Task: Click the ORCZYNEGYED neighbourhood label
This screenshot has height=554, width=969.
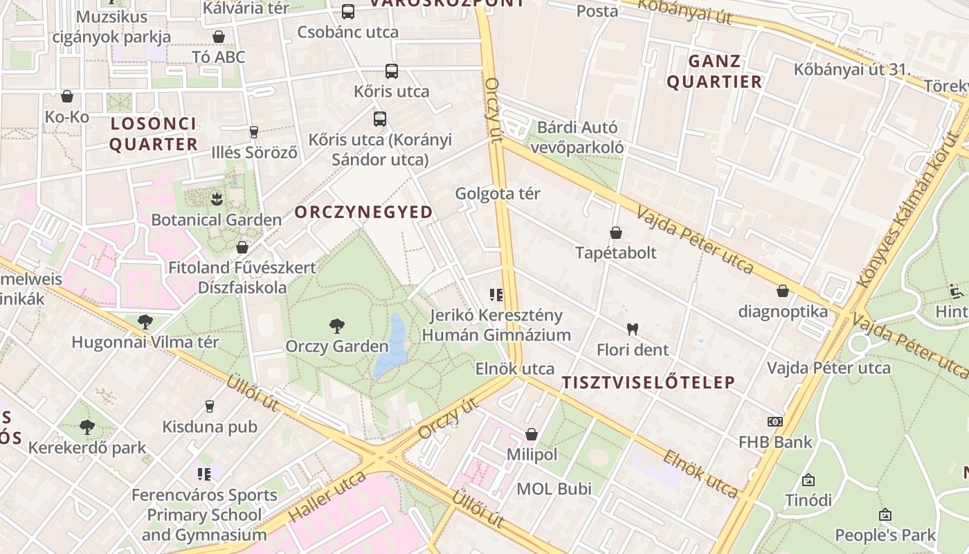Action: [364, 212]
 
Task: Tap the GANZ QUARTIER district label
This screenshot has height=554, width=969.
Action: [714, 71]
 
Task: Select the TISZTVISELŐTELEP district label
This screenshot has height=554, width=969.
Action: [648, 382]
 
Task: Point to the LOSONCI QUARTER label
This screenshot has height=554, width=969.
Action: [154, 134]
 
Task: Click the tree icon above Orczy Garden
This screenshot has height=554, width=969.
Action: [337, 325]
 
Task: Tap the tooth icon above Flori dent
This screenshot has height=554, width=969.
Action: [632, 328]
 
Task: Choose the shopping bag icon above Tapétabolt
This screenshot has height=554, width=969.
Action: [615, 233]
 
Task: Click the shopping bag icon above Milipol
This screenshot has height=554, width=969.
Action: [532, 434]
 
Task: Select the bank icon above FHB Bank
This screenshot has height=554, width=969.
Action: [775, 421]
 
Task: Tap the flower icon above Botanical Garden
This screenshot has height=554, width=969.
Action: [217, 199]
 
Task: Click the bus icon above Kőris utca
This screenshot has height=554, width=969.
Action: [392, 71]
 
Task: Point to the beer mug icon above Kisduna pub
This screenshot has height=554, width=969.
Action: [210, 406]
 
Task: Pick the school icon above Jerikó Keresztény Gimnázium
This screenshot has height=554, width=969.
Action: [496, 296]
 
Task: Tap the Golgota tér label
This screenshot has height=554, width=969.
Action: [498, 194]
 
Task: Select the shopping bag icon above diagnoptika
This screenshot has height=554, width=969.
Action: [783, 291]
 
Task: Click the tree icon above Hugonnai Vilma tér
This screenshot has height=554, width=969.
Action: [145, 321]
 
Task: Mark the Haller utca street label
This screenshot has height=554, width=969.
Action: [327, 497]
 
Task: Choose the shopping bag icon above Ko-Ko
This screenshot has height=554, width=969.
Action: [67, 96]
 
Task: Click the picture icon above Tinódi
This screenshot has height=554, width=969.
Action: [808, 479]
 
